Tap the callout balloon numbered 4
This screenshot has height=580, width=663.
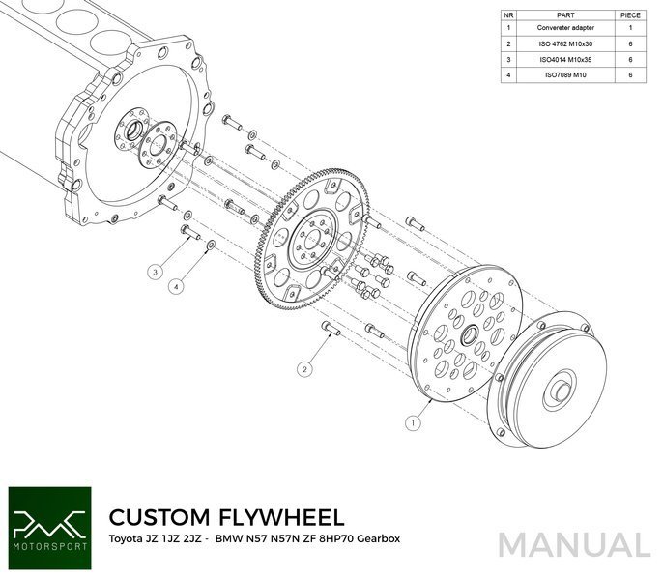point(177,287)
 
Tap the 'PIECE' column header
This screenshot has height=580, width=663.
point(629,15)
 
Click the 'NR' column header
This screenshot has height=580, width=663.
point(509,15)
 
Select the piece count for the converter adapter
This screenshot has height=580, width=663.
point(629,29)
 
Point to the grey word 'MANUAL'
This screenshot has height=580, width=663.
point(574,544)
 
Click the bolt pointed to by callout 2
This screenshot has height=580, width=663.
point(331,331)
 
